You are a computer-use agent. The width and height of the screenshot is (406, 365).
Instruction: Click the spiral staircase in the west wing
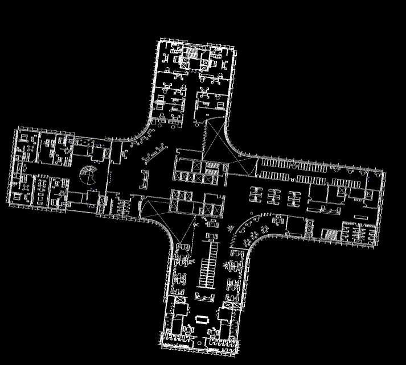click(89, 175)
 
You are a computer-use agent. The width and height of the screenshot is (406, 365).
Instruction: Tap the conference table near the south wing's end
click(203, 319)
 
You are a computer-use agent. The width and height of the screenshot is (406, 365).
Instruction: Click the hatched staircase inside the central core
click(212, 173)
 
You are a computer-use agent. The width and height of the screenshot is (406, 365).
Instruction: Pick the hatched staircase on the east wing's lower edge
click(330, 234)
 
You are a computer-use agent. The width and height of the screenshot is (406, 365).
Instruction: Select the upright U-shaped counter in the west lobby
click(144, 178)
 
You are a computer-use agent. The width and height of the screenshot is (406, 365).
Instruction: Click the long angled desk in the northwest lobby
click(154, 152)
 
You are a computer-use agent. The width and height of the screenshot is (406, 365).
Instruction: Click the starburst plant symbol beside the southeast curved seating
click(231, 229)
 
